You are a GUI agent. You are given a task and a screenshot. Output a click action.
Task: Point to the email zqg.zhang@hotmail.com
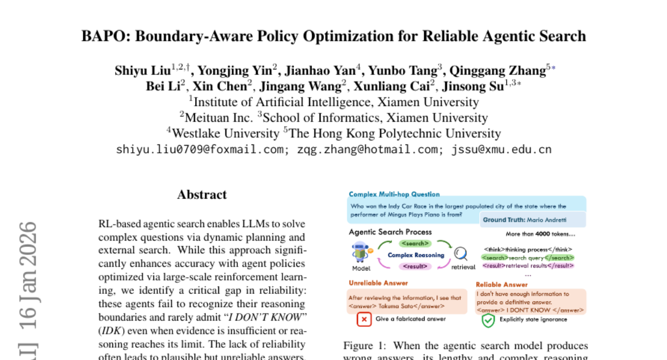point(367,149)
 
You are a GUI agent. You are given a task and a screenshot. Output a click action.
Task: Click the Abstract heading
point(202,194)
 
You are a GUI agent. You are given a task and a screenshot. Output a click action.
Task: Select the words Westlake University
point(225,133)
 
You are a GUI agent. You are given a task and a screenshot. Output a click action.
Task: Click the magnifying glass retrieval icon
point(461,254)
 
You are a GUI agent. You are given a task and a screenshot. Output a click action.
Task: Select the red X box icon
point(364,319)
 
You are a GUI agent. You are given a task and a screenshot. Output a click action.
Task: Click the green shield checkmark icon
point(487,320)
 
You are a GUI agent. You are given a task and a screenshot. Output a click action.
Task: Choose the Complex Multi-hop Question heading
point(394,194)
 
